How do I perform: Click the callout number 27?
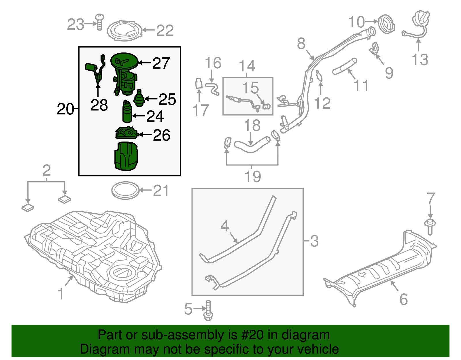[161, 63]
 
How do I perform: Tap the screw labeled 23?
[99, 22]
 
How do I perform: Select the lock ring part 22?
[124, 31]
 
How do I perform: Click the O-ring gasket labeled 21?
[125, 190]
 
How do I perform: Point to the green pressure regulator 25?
[139, 99]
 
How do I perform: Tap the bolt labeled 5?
[208, 311]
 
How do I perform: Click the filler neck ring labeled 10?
[386, 24]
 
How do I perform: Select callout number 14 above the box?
[247, 66]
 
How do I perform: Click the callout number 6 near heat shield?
[403, 299]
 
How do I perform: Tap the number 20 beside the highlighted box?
[65, 109]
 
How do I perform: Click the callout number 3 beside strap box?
[314, 241]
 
